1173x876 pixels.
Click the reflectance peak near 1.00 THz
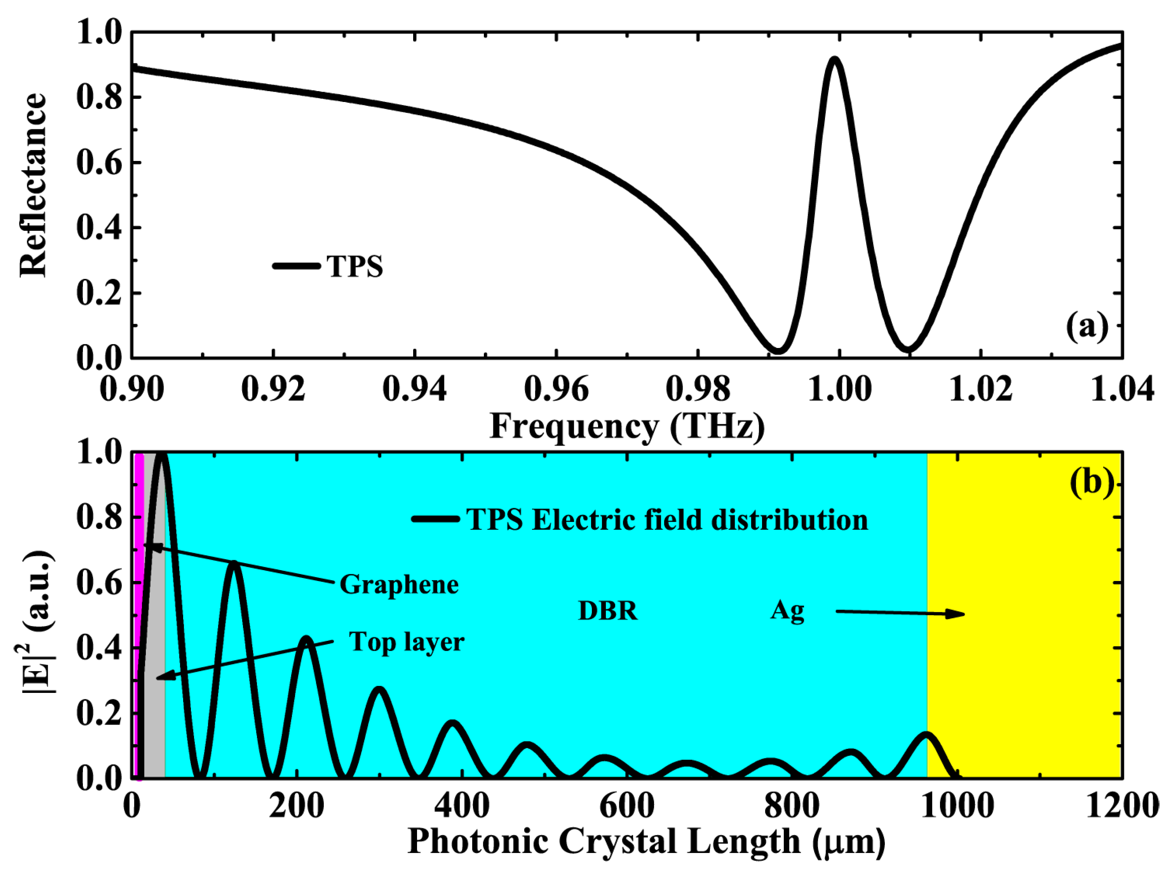[x=834, y=59]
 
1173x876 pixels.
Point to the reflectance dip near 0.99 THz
[x=777, y=350]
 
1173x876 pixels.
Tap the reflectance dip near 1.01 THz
[x=908, y=348]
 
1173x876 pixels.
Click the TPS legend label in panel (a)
[x=354, y=266]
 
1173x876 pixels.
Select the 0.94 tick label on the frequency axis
[x=414, y=389]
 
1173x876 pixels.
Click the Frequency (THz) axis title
[x=627, y=425]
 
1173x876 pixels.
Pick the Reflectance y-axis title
[x=33, y=185]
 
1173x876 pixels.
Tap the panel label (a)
[x=1087, y=326]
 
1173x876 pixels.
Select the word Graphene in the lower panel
[x=399, y=584]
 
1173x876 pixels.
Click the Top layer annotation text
[x=406, y=642]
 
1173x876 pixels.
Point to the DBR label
[x=608, y=610]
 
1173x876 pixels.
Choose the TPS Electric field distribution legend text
[x=667, y=520]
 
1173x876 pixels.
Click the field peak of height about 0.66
[x=234, y=563]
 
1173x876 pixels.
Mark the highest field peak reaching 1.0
[x=162, y=455]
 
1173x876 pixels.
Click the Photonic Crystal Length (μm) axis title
[x=646, y=842]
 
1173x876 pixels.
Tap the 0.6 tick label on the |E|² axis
[x=99, y=583]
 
